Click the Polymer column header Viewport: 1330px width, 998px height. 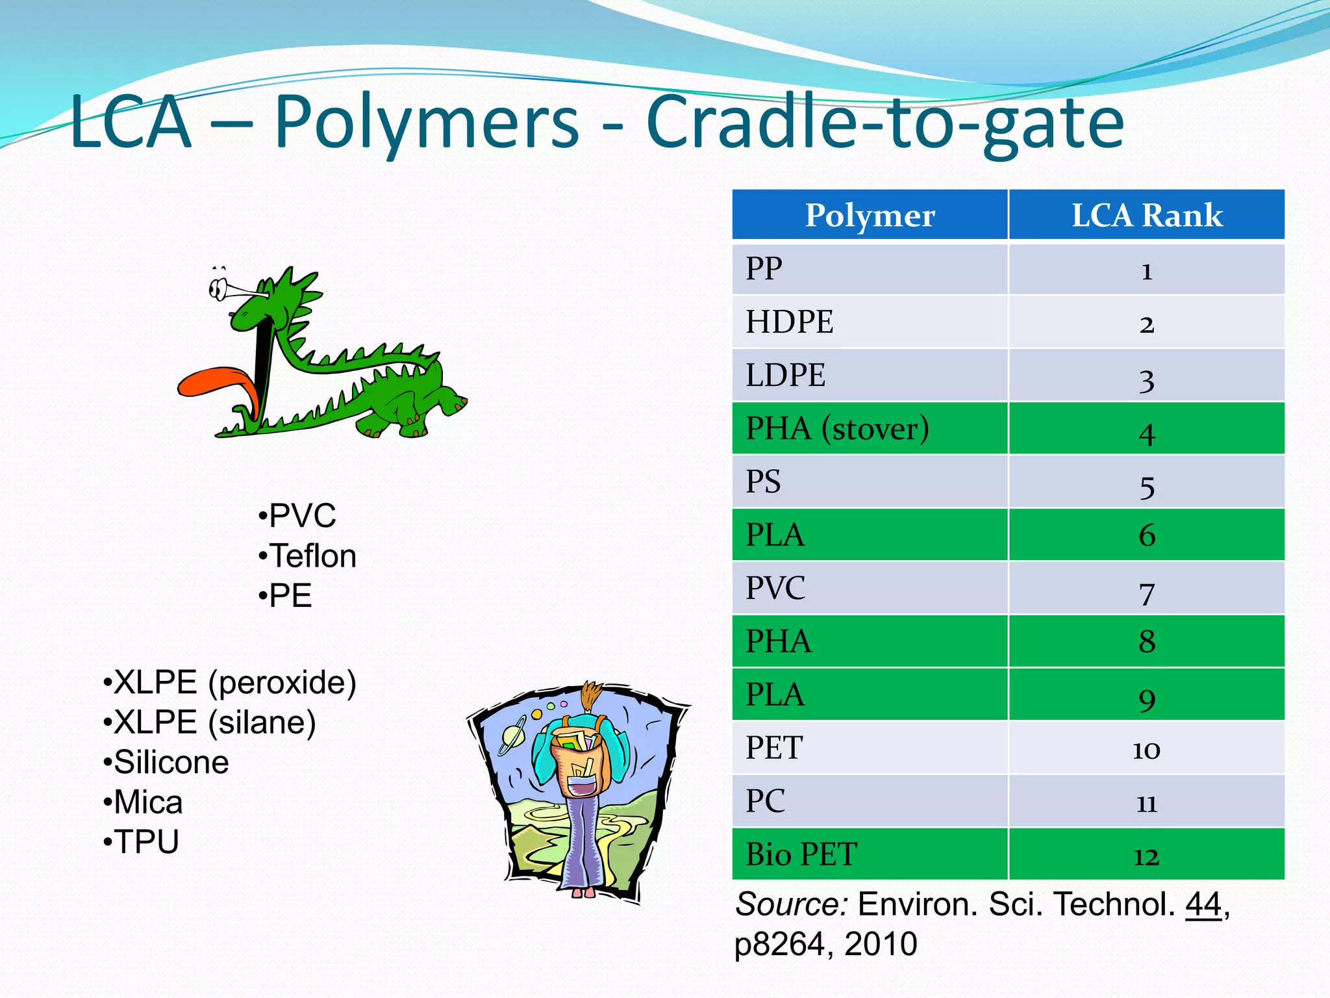(870, 215)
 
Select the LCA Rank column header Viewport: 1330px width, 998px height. (1147, 215)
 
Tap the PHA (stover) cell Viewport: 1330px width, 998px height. (837, 429)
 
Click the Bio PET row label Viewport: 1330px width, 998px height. (801, 854)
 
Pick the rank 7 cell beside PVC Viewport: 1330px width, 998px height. (1147, 590)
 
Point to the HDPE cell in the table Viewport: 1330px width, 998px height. (789, 322)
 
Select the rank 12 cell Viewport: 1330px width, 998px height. (1147, 856)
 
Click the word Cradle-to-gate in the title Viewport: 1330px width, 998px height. (885, 122)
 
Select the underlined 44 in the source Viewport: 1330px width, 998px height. (1203, 904)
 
